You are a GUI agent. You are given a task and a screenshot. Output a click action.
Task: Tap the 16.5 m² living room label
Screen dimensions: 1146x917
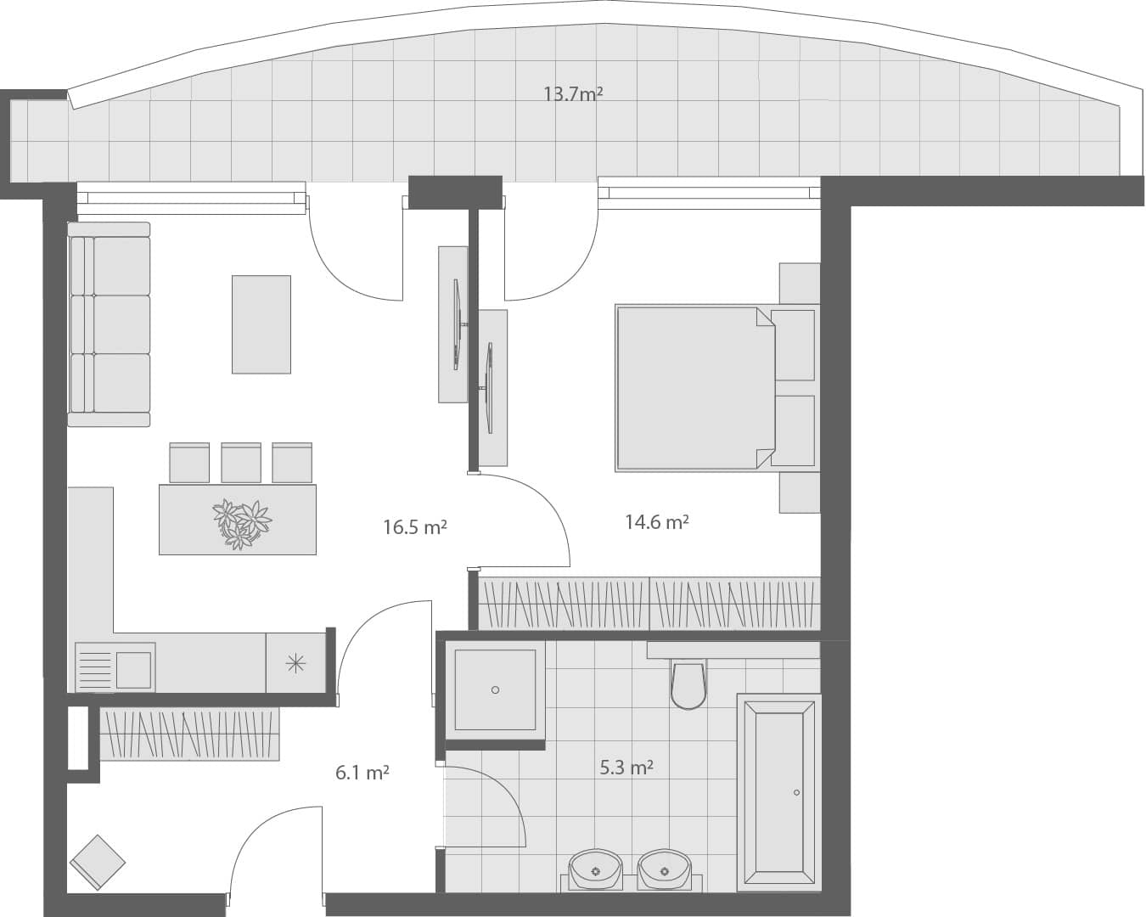point(415,527)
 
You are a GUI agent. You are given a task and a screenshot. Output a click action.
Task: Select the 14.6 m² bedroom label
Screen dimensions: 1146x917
point(657,522)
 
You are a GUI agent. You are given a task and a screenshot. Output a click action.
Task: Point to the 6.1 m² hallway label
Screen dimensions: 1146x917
point(362,773)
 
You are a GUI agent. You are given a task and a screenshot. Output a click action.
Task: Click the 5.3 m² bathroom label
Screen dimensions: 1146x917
point(626,768)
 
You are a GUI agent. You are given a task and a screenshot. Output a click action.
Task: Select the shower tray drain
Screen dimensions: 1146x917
point(495,690)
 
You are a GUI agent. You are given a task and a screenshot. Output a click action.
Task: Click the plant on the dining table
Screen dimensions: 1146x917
point(242,523)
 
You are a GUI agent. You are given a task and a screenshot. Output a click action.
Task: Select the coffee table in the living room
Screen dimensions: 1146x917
point(261,324)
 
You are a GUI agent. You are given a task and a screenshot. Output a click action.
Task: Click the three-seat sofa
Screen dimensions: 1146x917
point(110,324)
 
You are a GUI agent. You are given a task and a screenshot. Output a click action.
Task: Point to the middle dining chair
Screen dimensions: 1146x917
point(241,463)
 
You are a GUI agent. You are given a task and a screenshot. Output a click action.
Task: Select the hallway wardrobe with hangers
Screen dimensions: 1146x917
point(189,734)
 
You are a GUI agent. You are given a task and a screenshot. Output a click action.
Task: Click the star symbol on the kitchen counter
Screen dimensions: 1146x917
point(295,663)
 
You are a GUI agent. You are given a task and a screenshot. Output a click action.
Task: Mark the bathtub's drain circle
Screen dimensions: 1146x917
point(796,792)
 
